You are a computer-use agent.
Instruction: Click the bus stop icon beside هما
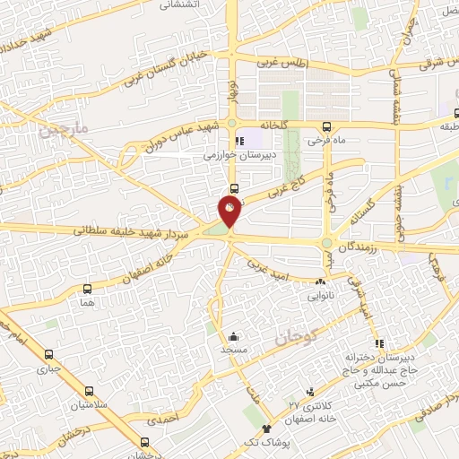(x=87, y=289)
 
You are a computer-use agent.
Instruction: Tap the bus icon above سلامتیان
(x=89, y=391)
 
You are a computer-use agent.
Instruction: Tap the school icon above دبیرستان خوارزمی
(x=238, y=141)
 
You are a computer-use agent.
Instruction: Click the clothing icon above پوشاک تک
(x=266, y=428)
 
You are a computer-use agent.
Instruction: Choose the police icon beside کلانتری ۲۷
(x=309, y=391)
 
